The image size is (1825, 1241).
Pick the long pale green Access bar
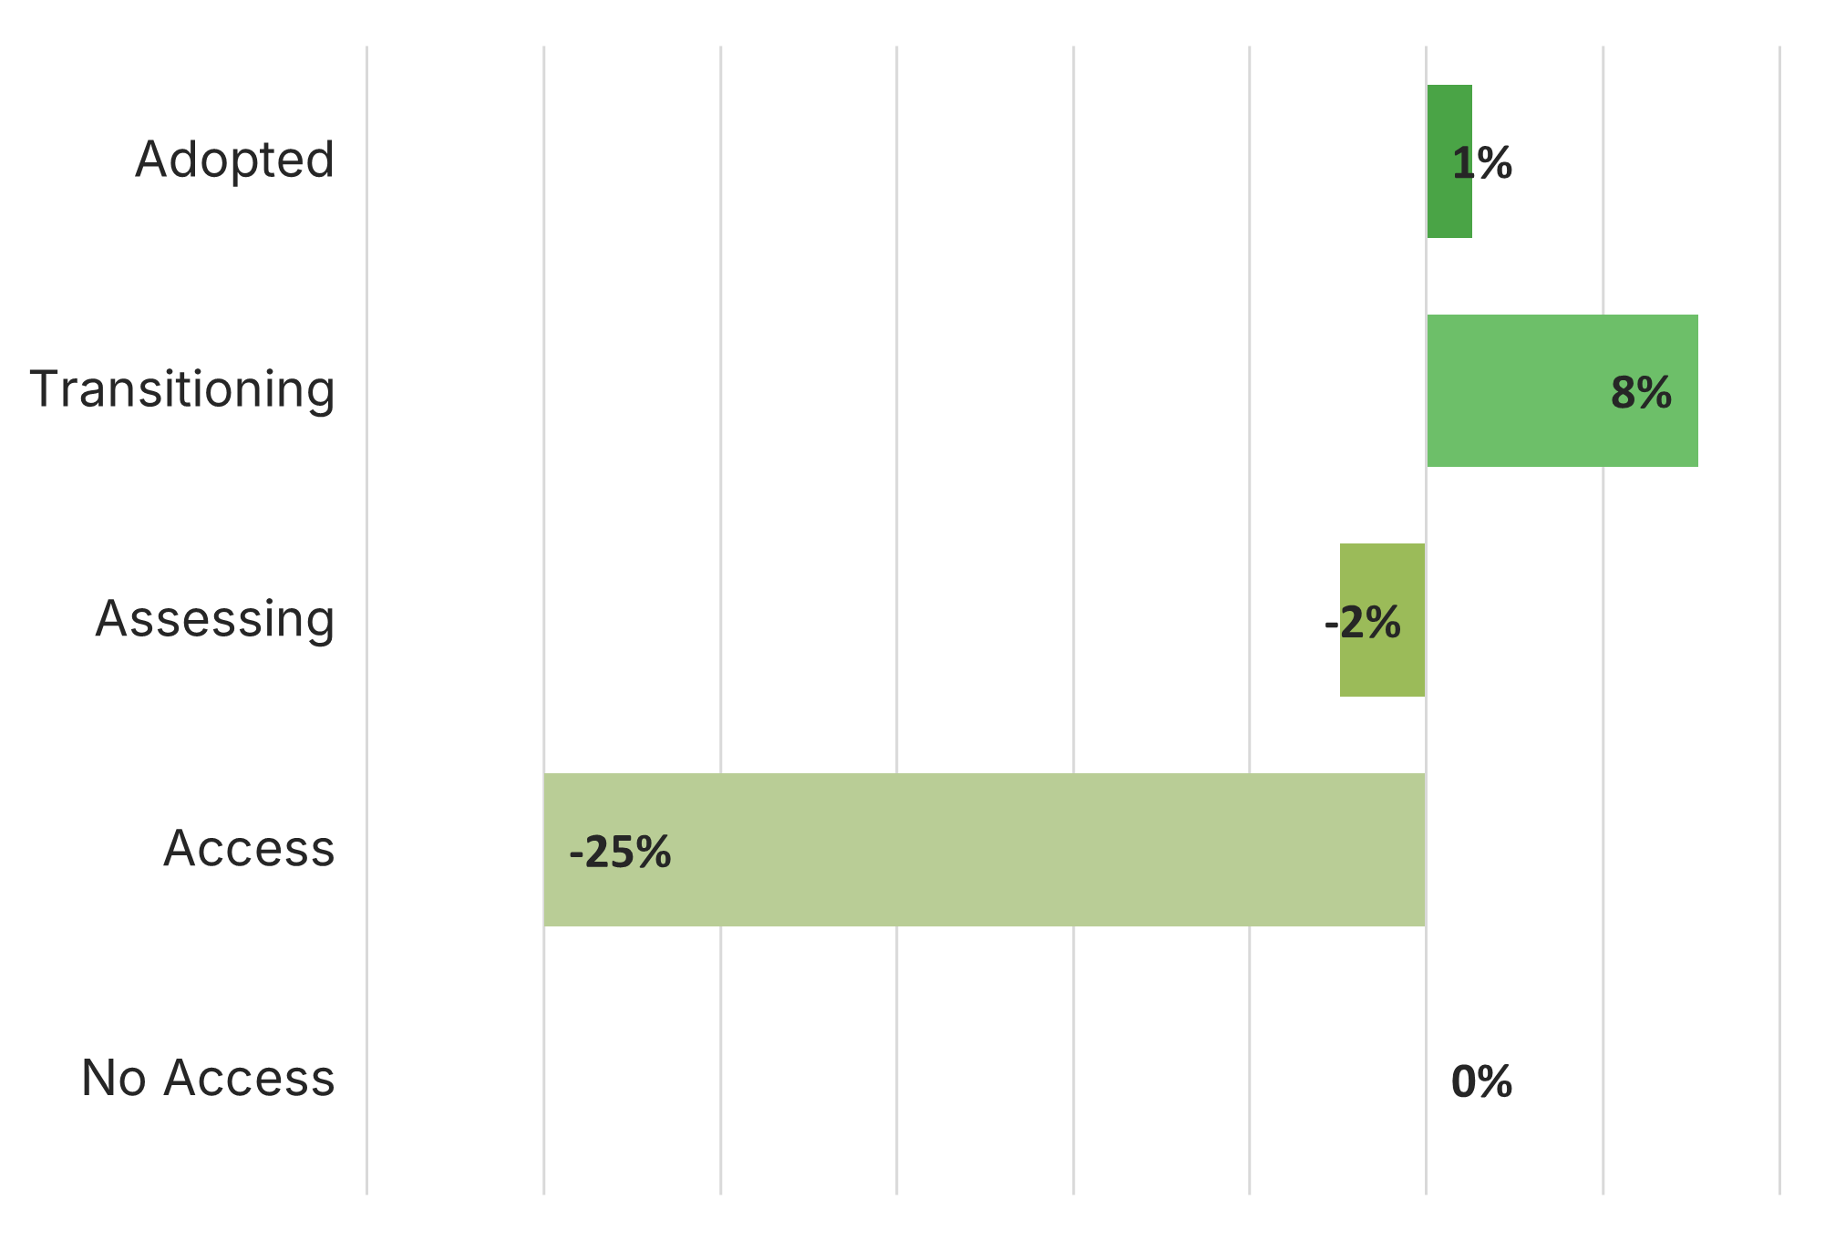pos(985,850)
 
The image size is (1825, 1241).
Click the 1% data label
pos(1481,164)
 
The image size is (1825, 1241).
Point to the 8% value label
pos(1641,393)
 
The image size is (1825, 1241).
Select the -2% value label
pos(1362,624)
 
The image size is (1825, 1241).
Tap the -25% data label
pos(620,853)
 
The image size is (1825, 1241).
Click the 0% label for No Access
pos(1481,1082)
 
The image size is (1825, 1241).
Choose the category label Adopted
pos(235,160)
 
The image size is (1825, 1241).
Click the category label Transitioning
pos(182,389)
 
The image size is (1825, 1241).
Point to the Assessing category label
pos(215,619)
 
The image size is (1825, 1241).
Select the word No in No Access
pos(113,1078)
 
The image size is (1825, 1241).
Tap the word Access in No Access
pos(249,1078)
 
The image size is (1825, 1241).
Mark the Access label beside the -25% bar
pos(249,849)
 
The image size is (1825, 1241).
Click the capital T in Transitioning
pos(46,388)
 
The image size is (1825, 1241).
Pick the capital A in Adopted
pos(151,160)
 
